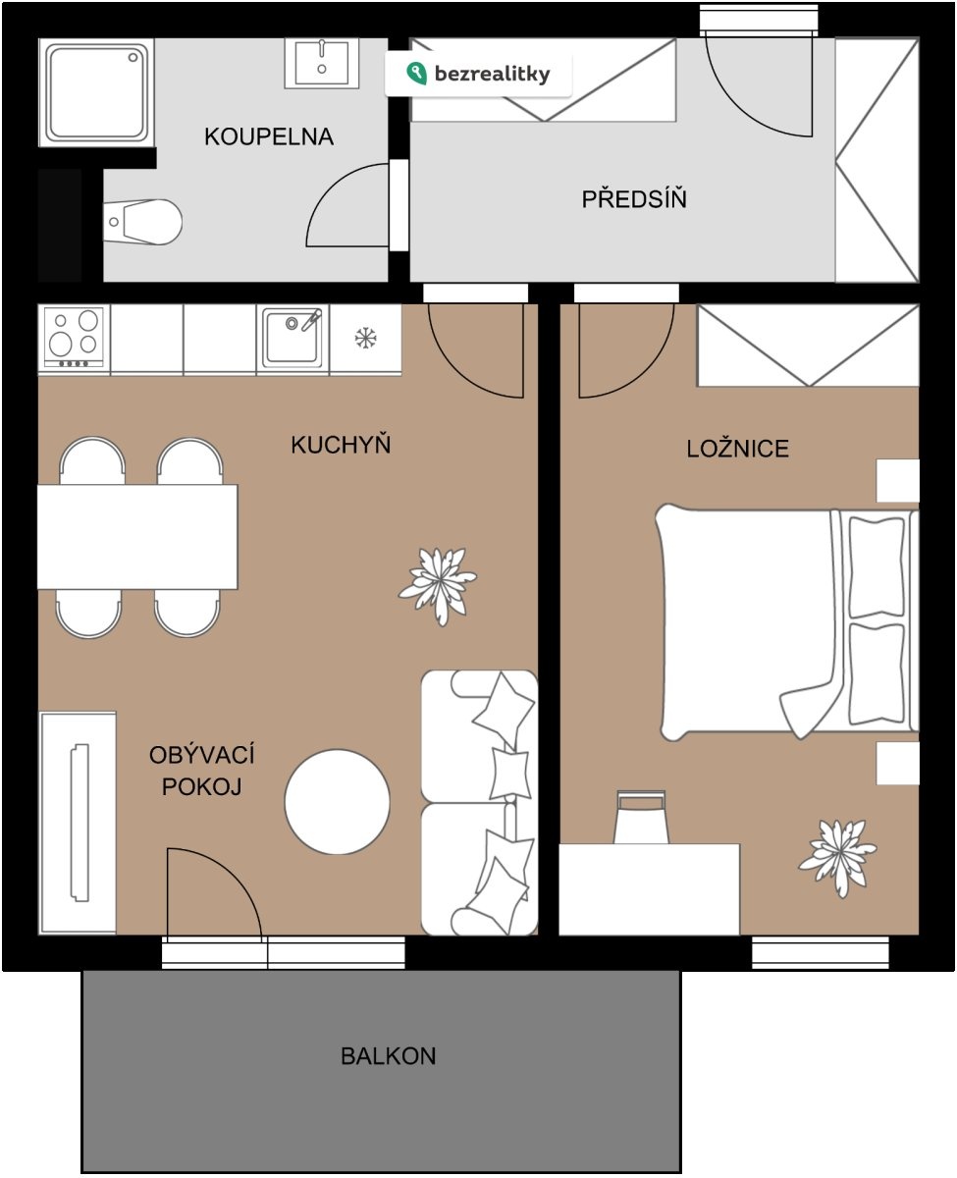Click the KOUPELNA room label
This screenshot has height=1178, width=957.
pyautogui.click(x=269, y=136)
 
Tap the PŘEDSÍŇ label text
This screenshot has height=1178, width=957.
pyautogui.click(x=634, y=198)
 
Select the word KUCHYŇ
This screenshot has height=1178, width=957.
pyautogui.click(x=341, y=444)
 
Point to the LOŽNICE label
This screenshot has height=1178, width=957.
pyautogui.click(x=737, y=448)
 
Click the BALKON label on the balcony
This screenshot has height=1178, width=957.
pyautogui.click(x=388, y=1055)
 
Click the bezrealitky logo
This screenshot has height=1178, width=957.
pyautogui.click(x=479, y=74)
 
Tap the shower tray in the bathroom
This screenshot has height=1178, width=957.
pyautogui.click(x=97, y=92)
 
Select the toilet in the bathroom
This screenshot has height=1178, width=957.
pyautogui.click(x=142, y=222)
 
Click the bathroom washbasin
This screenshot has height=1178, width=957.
pyautogui.click(x=322, y=63)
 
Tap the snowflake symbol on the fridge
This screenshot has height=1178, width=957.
pyautogui.click(x=365, y=338)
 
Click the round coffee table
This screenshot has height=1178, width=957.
pyautogui.click(x=337, y=802)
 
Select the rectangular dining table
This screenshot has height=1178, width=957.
pyautogui.click(x=137, y=536)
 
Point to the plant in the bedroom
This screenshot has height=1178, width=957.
pyautogui.click(x=837, y=856)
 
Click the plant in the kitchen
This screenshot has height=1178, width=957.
pyautogui.click(x=438, y=585)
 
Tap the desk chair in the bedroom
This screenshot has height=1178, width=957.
pyautogui.click(x=641, y=818)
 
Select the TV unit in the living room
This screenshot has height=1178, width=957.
pyautogui.click(x=78, y=823)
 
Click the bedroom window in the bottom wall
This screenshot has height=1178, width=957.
pyautogui.click(x=821, y=952)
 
